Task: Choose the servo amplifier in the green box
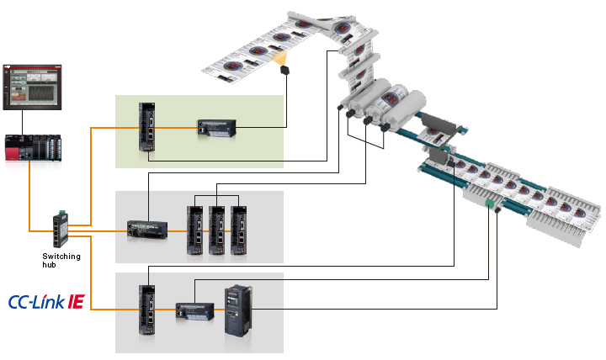coord(148,128)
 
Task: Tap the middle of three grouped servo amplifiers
coord(218,230)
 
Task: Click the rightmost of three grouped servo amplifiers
coord(240,230)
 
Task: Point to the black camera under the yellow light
coord(286,71)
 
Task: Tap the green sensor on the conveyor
coord(487,204)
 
